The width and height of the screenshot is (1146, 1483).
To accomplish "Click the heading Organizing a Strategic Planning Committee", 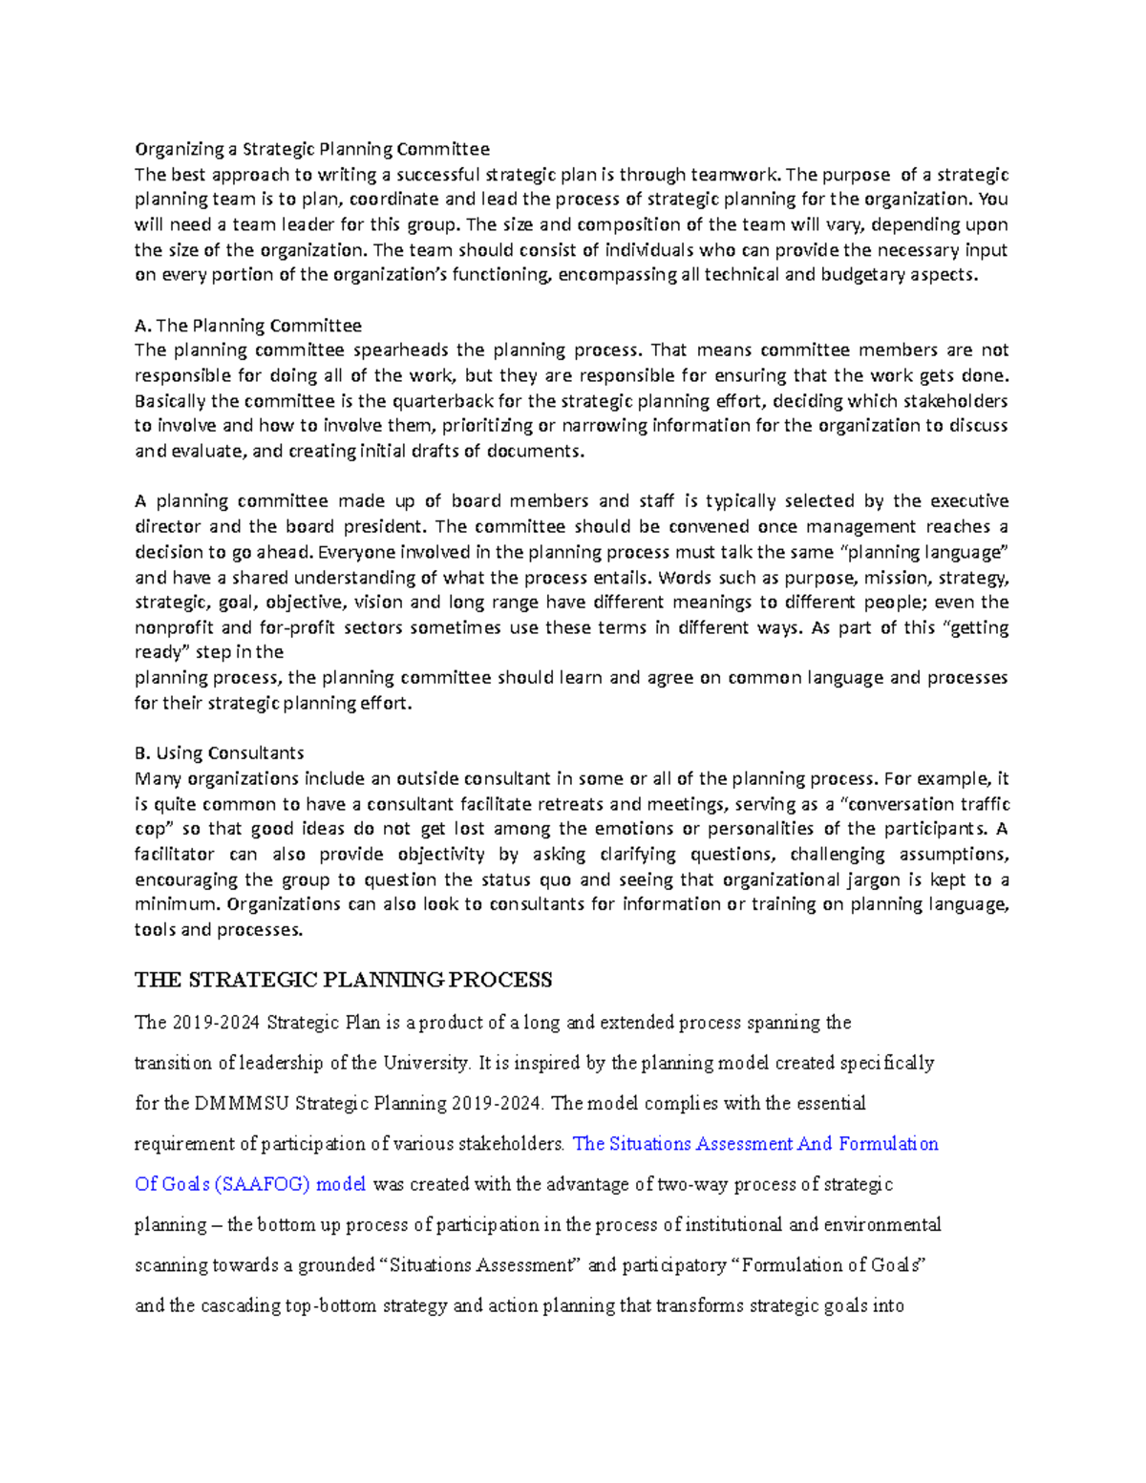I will (311, 149).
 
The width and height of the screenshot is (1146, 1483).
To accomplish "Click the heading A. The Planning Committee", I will (248, 326).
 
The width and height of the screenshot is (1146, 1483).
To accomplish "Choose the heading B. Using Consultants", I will (220, 753).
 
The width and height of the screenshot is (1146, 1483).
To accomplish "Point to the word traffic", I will (979, 804).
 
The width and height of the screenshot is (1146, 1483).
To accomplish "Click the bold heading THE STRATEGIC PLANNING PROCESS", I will (344, 981).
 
